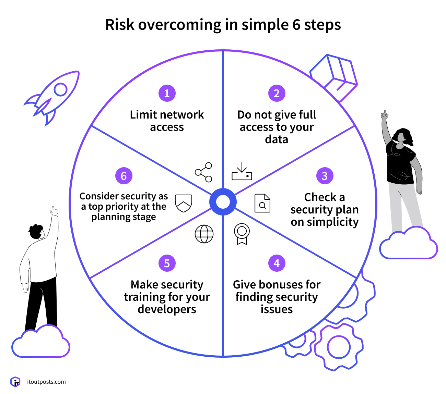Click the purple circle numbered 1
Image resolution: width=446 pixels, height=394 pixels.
167,93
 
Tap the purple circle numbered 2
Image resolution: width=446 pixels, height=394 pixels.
277,93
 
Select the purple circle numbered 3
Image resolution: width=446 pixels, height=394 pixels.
325,176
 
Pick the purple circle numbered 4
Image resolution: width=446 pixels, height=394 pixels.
277,263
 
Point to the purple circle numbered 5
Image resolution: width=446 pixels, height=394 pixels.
167,263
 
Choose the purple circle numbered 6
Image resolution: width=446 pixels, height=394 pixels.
124,176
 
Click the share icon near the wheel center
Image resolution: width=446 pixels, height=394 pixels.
204,172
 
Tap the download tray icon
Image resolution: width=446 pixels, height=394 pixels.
242,172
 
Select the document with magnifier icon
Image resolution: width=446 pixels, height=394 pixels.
262,203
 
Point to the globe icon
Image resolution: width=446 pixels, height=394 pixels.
204,234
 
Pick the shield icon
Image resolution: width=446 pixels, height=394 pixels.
184,203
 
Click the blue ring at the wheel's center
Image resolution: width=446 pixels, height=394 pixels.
223,202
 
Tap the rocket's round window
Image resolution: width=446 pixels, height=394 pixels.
61,90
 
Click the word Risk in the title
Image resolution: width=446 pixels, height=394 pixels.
120,25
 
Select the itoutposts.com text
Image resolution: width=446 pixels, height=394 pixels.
46,382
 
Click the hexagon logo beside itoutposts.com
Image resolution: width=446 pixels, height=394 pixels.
15,382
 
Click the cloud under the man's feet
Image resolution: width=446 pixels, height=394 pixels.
40,343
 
